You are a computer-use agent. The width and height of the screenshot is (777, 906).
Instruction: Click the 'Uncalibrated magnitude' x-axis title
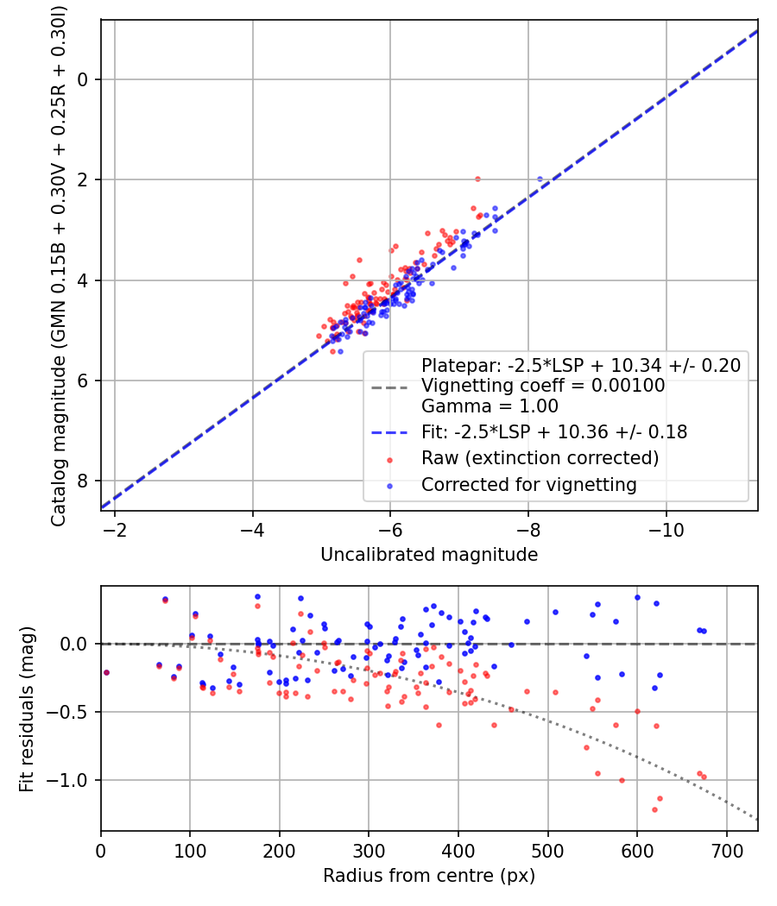429,555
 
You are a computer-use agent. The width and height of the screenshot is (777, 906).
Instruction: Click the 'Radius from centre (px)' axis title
429,876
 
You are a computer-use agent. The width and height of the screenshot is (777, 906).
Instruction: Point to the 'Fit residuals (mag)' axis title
27,709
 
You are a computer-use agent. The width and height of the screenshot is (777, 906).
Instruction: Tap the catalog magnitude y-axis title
58,267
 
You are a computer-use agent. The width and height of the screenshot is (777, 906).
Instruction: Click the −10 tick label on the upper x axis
666,530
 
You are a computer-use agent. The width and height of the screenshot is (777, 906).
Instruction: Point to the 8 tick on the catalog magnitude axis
82,481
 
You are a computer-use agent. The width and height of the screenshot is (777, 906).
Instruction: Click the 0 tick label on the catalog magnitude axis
82,79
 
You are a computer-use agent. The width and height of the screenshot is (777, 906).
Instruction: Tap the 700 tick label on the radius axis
726,851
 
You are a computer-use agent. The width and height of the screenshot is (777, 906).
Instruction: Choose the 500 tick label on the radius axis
547,851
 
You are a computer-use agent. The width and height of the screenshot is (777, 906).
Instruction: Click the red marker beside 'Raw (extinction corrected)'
389,460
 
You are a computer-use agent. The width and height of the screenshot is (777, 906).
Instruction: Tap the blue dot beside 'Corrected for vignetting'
389,486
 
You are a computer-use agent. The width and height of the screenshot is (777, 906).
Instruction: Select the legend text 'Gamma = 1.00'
490,406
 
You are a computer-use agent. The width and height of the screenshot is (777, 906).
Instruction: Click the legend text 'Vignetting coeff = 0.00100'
543,386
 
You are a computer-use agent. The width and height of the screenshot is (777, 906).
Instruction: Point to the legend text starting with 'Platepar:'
581,365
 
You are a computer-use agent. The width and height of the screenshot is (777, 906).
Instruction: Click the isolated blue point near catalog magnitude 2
540,179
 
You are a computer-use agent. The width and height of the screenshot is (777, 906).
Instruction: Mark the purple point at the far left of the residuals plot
106,672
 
